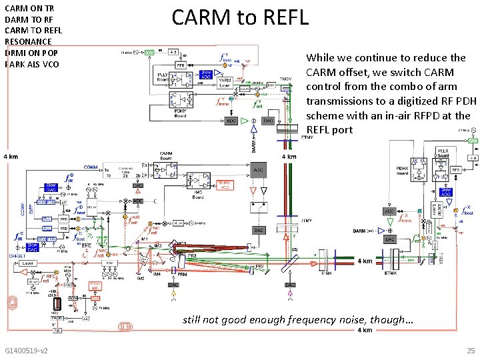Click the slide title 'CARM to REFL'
[x=240, y=17]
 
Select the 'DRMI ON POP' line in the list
[x=31, y=53]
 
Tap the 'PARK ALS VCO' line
[x=32, y=65]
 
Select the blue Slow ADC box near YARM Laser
[x=206, y=74]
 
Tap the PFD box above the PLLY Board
[x=181, y=65]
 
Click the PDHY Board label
[x=180, y=114]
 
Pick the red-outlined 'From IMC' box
[x=95, y=285]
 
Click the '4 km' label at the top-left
[x=10, y=157]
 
